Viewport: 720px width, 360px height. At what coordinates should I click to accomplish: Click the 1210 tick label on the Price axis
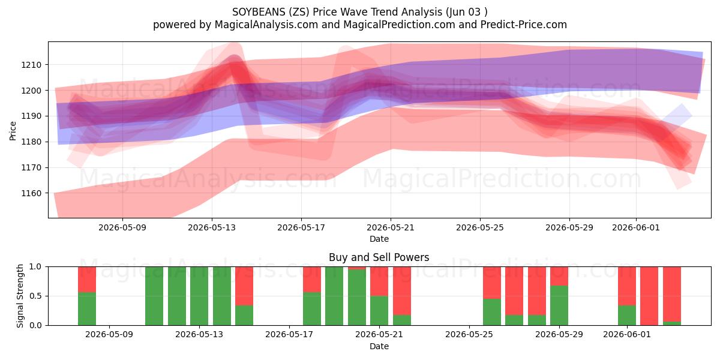pyautogui.click(x=31, y=65)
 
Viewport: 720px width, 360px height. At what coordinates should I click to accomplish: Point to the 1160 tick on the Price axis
pyautogui.click(x=31, y=193)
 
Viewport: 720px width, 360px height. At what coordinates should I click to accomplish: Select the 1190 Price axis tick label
pyautogui.click(x=31, y=116)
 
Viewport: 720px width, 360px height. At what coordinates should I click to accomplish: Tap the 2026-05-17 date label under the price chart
pyautogui.click(x=301, y=227)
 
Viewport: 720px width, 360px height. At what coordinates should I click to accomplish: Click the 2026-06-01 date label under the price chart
pyautogui.click(x=636, y=227)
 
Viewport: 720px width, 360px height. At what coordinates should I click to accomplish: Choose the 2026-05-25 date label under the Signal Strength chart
pyautogui.click(x=469, y=334)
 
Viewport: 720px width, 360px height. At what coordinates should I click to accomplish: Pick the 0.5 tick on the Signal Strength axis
pyautogui.click(x=35, y=296)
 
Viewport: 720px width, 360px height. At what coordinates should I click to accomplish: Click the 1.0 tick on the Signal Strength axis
pyautogui.click(x=35, y=267)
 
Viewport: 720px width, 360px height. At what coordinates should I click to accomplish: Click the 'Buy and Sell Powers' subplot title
pyautogui.click(x=379, y=257)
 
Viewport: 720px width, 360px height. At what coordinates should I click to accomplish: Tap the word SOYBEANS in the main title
pyautogui.click(x=259, y=12)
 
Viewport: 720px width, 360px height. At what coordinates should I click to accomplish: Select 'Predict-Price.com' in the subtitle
pyautogui.click(x=524, y=25)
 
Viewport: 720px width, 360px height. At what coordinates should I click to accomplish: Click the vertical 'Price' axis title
pyautogui.click(x=13, y=131)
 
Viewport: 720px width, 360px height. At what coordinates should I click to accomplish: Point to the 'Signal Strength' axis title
pyautogui.click(x=20, y=296)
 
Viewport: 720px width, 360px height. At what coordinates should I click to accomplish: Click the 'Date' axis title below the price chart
pyautogui.click(x=379, y=239)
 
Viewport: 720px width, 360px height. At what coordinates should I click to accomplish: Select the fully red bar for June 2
pyautogui.click(x=649, y=296)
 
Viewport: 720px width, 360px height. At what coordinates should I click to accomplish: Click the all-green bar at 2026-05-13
pyautogui.click(x=199, y=296)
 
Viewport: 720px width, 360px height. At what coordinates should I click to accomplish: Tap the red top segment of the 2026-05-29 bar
pyautogui.click(x=559, y=276)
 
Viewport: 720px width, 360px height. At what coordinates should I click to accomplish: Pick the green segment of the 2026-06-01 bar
pyautogui.click(x=627, y=316)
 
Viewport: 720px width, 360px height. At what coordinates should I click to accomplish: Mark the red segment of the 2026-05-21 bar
pyautogui.click(x=402, y=291)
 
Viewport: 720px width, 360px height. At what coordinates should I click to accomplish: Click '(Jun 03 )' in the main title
pyautogui.click(x=466, y=12)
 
